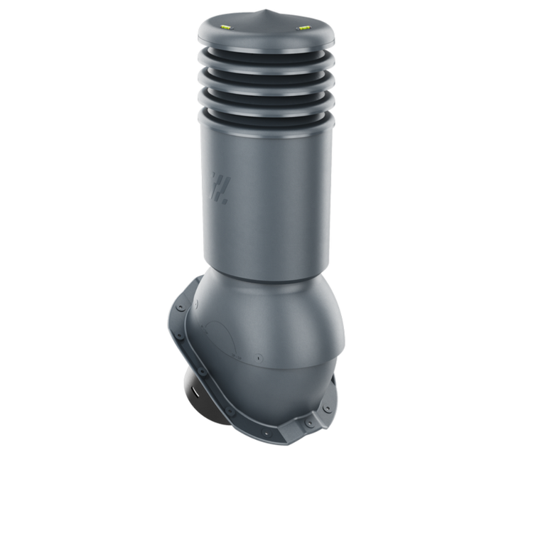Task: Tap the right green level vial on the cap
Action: [303, 28]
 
